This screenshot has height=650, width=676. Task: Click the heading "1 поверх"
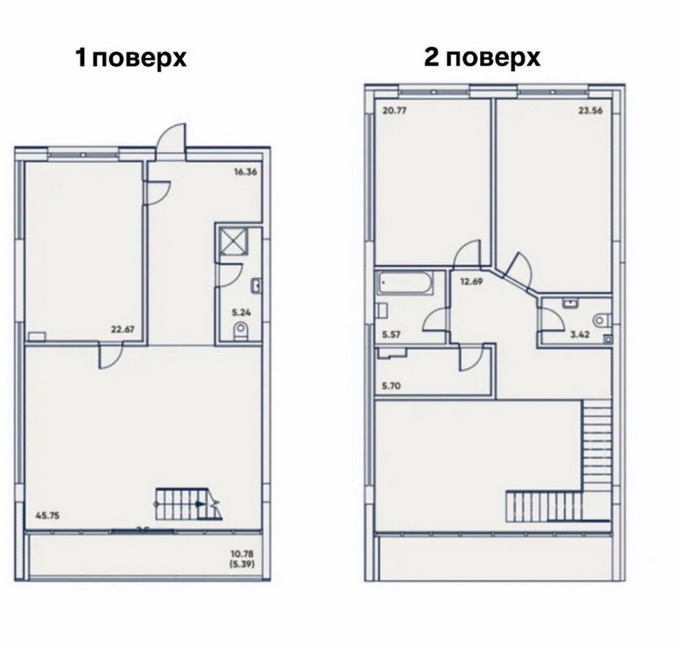131,58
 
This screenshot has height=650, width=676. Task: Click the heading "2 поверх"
482,57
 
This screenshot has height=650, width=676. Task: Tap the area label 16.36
245,172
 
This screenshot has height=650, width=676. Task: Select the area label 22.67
123,329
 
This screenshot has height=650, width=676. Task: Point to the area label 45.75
47,515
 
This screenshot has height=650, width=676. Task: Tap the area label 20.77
394,110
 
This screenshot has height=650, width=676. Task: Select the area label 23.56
591,110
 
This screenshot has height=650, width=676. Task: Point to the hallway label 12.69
471,282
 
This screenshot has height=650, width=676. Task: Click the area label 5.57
392,334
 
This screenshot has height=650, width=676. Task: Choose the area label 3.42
581,334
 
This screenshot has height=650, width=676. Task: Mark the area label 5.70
392,386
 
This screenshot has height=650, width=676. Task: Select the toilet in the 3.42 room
601,320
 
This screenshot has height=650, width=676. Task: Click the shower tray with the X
233,240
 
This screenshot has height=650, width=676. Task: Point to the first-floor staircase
188,504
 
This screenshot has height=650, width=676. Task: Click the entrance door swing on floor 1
172,138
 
